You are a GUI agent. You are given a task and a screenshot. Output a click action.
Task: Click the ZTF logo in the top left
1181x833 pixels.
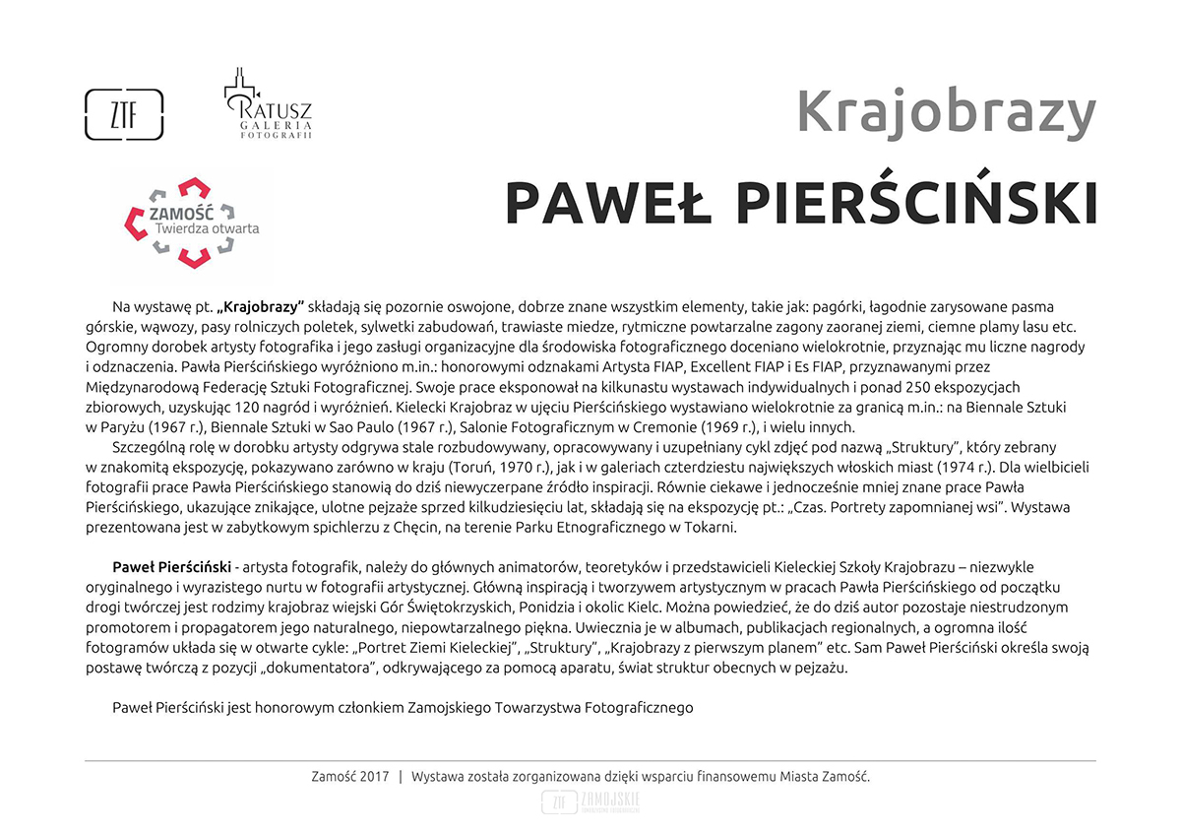[124, 114]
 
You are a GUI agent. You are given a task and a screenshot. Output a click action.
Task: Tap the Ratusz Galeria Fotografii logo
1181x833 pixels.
[267, 105]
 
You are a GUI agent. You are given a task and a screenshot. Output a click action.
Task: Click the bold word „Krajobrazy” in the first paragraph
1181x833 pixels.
[261, 307]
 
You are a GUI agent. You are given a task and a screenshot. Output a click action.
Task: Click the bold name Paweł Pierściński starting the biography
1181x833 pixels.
[172, 568]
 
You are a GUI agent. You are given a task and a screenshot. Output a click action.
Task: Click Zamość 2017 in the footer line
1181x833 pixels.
[349, 777]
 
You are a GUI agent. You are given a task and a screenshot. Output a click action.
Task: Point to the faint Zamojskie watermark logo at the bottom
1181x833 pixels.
[590, 802]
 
